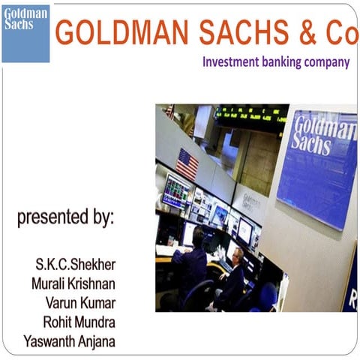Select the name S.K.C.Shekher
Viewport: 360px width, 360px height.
[75, 265]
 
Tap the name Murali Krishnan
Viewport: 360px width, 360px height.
[73, 284]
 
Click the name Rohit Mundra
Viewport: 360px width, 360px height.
[78, 322]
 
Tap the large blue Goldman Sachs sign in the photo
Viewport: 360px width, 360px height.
[317, 169]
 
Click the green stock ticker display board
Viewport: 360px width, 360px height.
[251, 115]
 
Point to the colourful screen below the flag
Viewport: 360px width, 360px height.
[177, 190]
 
